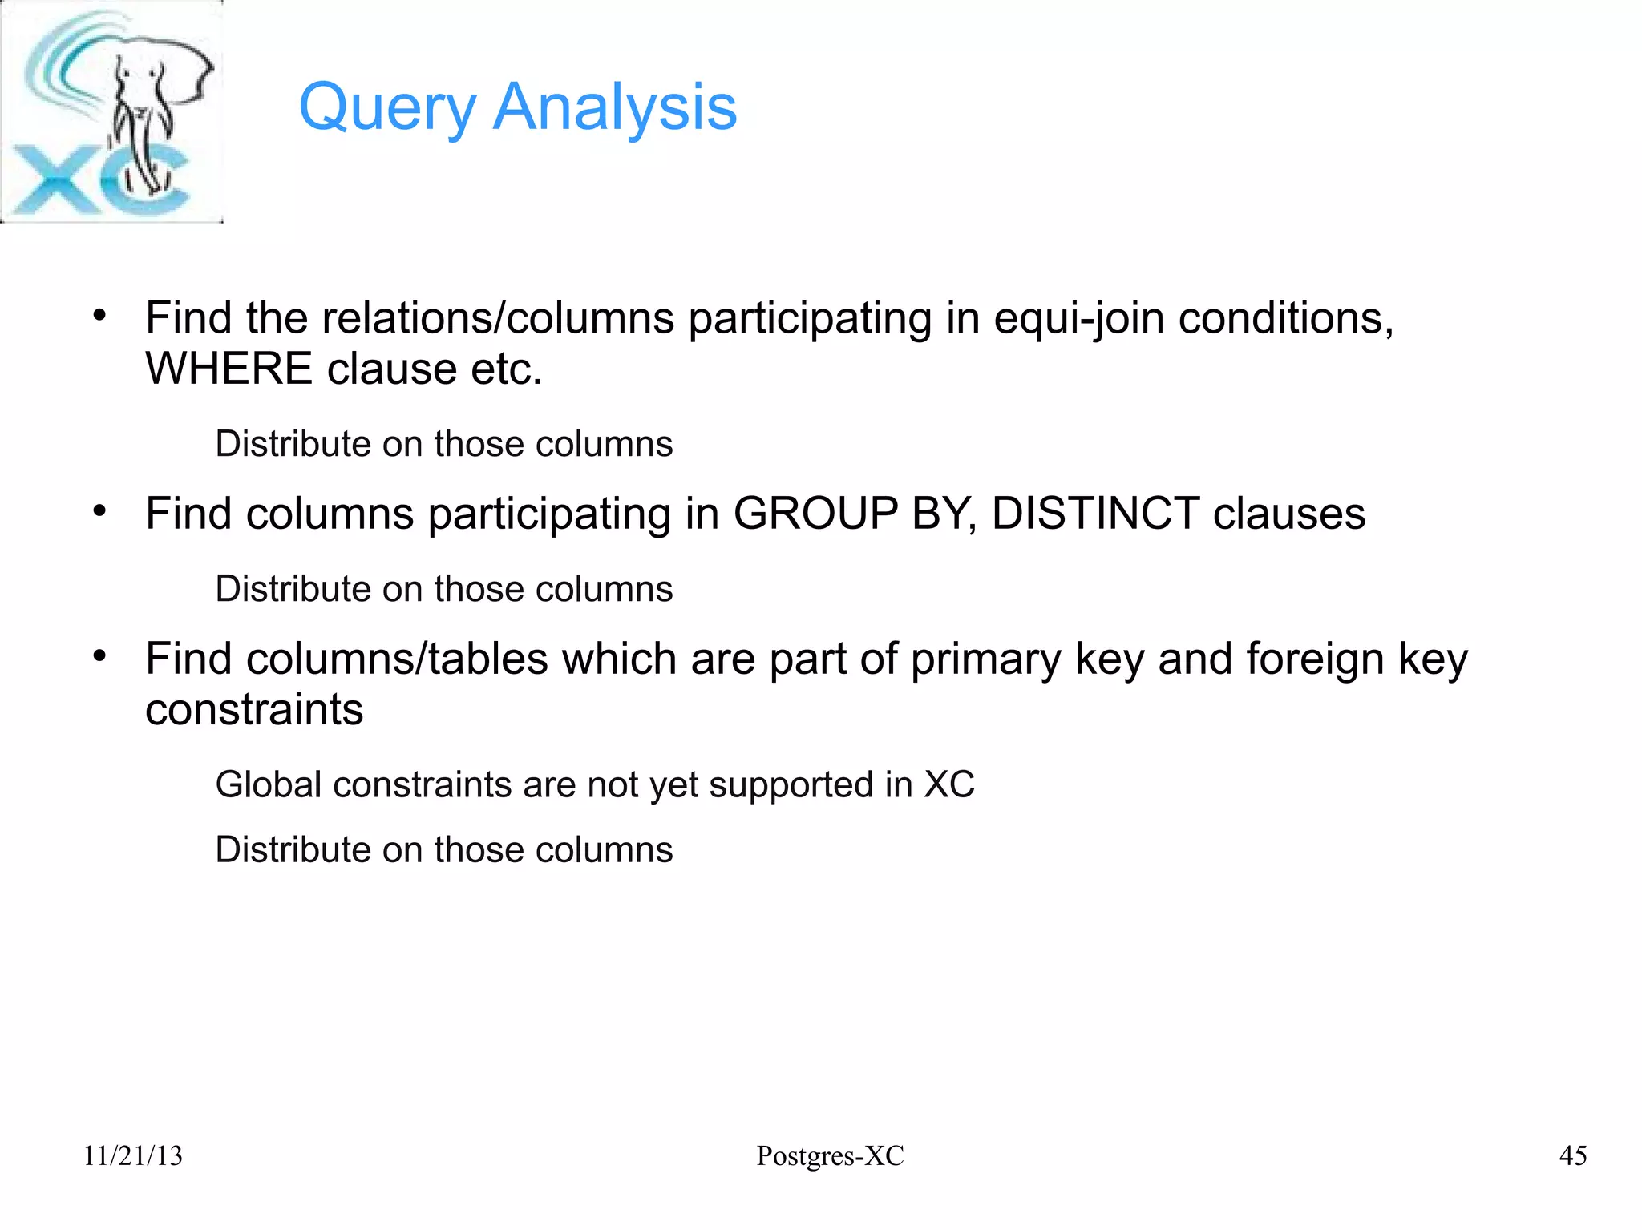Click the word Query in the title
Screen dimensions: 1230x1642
tap(388, 108)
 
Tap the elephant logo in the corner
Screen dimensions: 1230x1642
tap(111, 111)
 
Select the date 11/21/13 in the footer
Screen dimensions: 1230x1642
tap(133, 1155)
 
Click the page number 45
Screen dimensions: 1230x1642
tap(1572, 1155)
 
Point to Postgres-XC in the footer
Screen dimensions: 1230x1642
tap(830, 1155)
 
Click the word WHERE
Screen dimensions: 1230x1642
tap(229, 369)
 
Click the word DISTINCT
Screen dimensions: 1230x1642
tap(1095, 514)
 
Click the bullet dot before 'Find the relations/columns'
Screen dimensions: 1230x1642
tap(99, 315)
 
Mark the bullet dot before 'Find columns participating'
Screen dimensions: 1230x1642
tap(99, 510)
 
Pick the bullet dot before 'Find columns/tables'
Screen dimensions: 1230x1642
tap(99, 656)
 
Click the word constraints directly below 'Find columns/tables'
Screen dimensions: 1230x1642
tap(254, 710)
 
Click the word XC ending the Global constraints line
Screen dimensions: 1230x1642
tap(949, 784)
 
